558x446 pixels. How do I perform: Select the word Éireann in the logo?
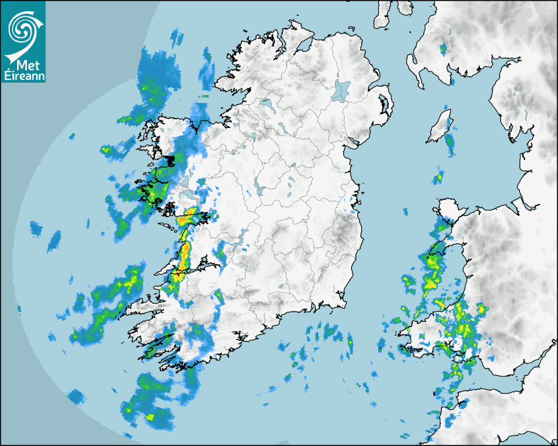click(x=23, y=76)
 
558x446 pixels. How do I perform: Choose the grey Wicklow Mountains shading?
click(x=341, y=230)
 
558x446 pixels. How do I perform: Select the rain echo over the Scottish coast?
click(x=442, y=49)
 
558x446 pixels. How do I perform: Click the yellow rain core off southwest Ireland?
click(x=151, y=415)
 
